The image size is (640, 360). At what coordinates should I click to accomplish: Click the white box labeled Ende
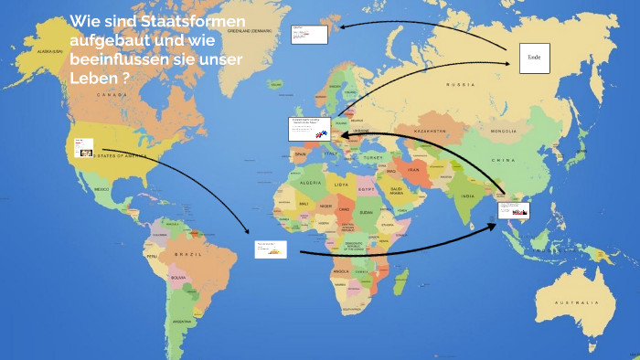(535, 58)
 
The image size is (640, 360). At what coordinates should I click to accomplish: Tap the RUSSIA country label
(461, 85)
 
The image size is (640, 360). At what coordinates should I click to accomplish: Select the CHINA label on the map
(505, 160)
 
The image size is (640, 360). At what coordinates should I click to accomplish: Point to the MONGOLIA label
(503, 132)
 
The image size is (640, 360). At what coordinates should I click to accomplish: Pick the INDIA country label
(467, 196)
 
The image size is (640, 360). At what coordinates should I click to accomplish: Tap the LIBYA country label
(340, 185)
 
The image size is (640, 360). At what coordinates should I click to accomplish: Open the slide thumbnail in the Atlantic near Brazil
(271, 249)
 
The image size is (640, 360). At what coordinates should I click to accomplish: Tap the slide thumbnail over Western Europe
(309, 129)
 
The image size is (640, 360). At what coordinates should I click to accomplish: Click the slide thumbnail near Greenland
(309, 35)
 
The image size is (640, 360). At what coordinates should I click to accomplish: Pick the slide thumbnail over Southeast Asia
(515, 209)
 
